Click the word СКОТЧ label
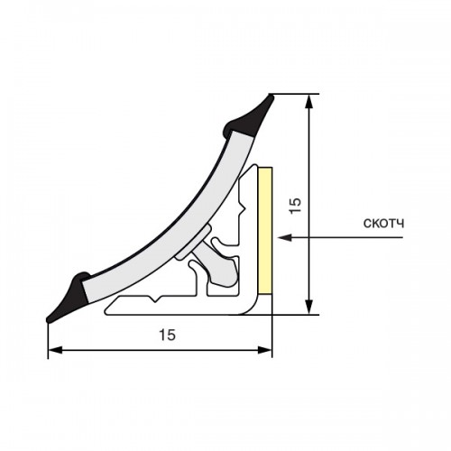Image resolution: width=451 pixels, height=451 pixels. point(383,224)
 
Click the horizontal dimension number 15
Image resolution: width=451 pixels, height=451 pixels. point(167,335)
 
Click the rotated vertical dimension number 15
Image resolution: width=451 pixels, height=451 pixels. point(295,206)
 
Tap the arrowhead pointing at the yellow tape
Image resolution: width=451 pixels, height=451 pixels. point(285,237)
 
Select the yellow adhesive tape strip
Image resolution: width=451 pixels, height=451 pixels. point(265,231)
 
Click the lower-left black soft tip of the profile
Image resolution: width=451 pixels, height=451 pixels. point(69,297)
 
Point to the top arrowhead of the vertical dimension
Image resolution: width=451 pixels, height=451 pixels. point(308,102)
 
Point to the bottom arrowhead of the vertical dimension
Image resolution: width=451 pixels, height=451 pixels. point(308,307)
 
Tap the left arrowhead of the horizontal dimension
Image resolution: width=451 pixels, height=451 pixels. point(55,350)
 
